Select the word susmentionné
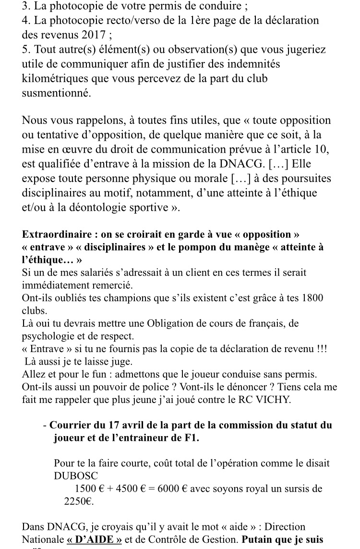click(56, 93)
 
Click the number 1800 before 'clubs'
click(313, 298)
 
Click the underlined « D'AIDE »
click(94, 539)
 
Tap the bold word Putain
click(259, 539)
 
